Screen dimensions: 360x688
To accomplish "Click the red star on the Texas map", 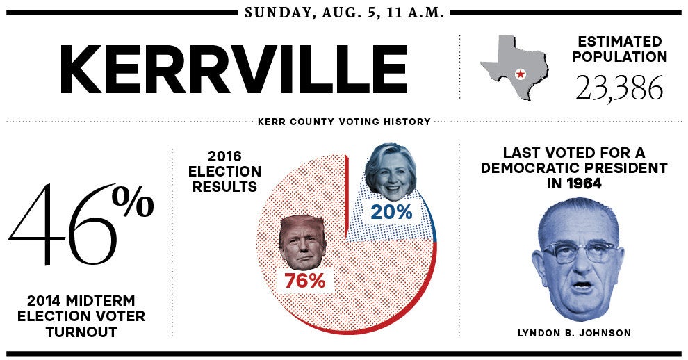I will tap(519, 74).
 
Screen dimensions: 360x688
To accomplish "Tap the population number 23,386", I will tap(619, 88).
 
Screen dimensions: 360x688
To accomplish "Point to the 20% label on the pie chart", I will tap(391, 212).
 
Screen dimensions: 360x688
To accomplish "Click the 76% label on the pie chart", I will tap(304, 281).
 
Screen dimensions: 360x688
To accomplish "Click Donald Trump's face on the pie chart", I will tap(303, 243).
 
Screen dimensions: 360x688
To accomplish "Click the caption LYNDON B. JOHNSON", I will tap(574, 333).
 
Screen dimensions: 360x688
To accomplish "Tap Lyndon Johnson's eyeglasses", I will tap(577, 251).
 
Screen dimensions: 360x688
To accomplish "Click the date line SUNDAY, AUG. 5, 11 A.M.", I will tap(344, 13).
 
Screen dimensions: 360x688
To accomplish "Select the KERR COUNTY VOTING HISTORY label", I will tap(344, 122).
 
